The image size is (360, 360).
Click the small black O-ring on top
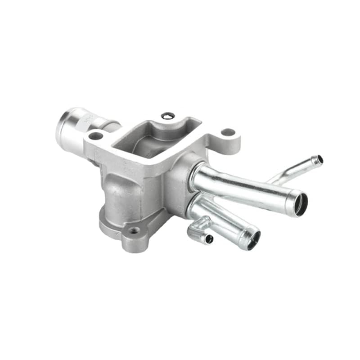(x=167, y=116)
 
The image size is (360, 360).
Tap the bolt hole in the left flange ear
(x=95, y=135)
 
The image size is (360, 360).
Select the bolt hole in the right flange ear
(x=228, y=132)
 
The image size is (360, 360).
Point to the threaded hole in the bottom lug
(x=134, y=232)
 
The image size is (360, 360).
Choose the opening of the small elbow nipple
(x=209, y=239)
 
